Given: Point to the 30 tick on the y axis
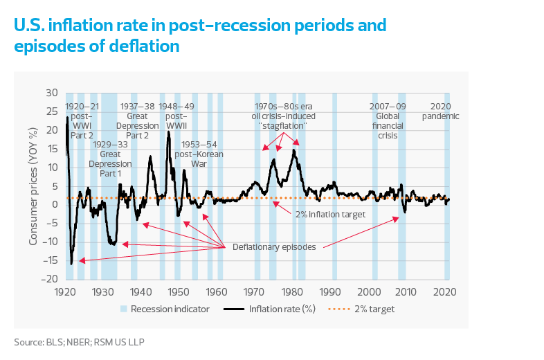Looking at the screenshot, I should tap(52, 93).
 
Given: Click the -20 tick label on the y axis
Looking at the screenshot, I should tap(50, 278).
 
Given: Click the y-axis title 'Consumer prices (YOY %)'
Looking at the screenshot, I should tap(33, 186).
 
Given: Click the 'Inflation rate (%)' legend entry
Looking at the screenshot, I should tap(281, 309).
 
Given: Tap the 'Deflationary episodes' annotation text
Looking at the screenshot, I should tap(274, 246).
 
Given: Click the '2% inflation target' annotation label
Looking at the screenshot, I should tap(330, 215).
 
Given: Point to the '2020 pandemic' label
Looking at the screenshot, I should tap(440, 111).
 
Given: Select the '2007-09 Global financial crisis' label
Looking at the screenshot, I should tap(388, 121).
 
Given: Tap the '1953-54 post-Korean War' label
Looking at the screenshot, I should tap(199, 154).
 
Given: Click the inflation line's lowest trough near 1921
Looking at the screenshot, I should tap(71, 263).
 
